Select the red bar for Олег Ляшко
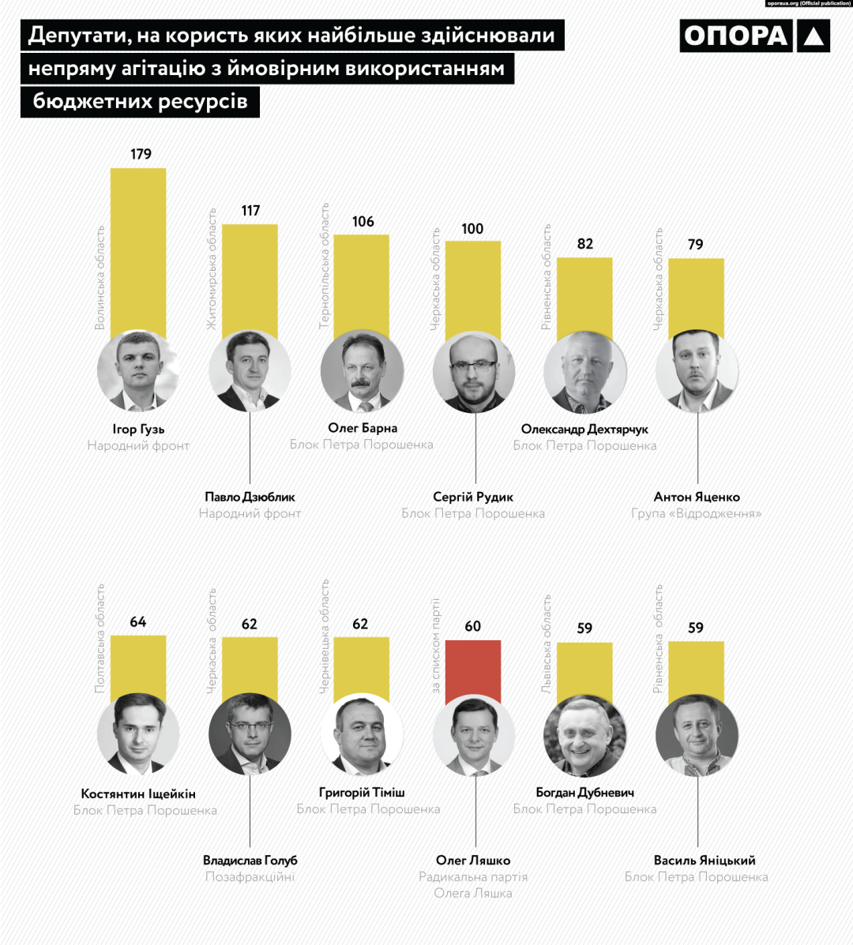coord(472,671)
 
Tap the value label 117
coord(250,211)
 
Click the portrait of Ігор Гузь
coord(138,372)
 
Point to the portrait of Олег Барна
coord(363,372)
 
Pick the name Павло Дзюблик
coord(250,497)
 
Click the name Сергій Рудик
coord(473,497)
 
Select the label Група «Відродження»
coord(697,514)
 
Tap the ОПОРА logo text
coord(735,36)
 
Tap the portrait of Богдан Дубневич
coord(585,736)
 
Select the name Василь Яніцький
coord(697,861)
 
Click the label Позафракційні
coord(250,877)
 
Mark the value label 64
coord(138,622)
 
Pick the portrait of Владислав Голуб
coord(250,736)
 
